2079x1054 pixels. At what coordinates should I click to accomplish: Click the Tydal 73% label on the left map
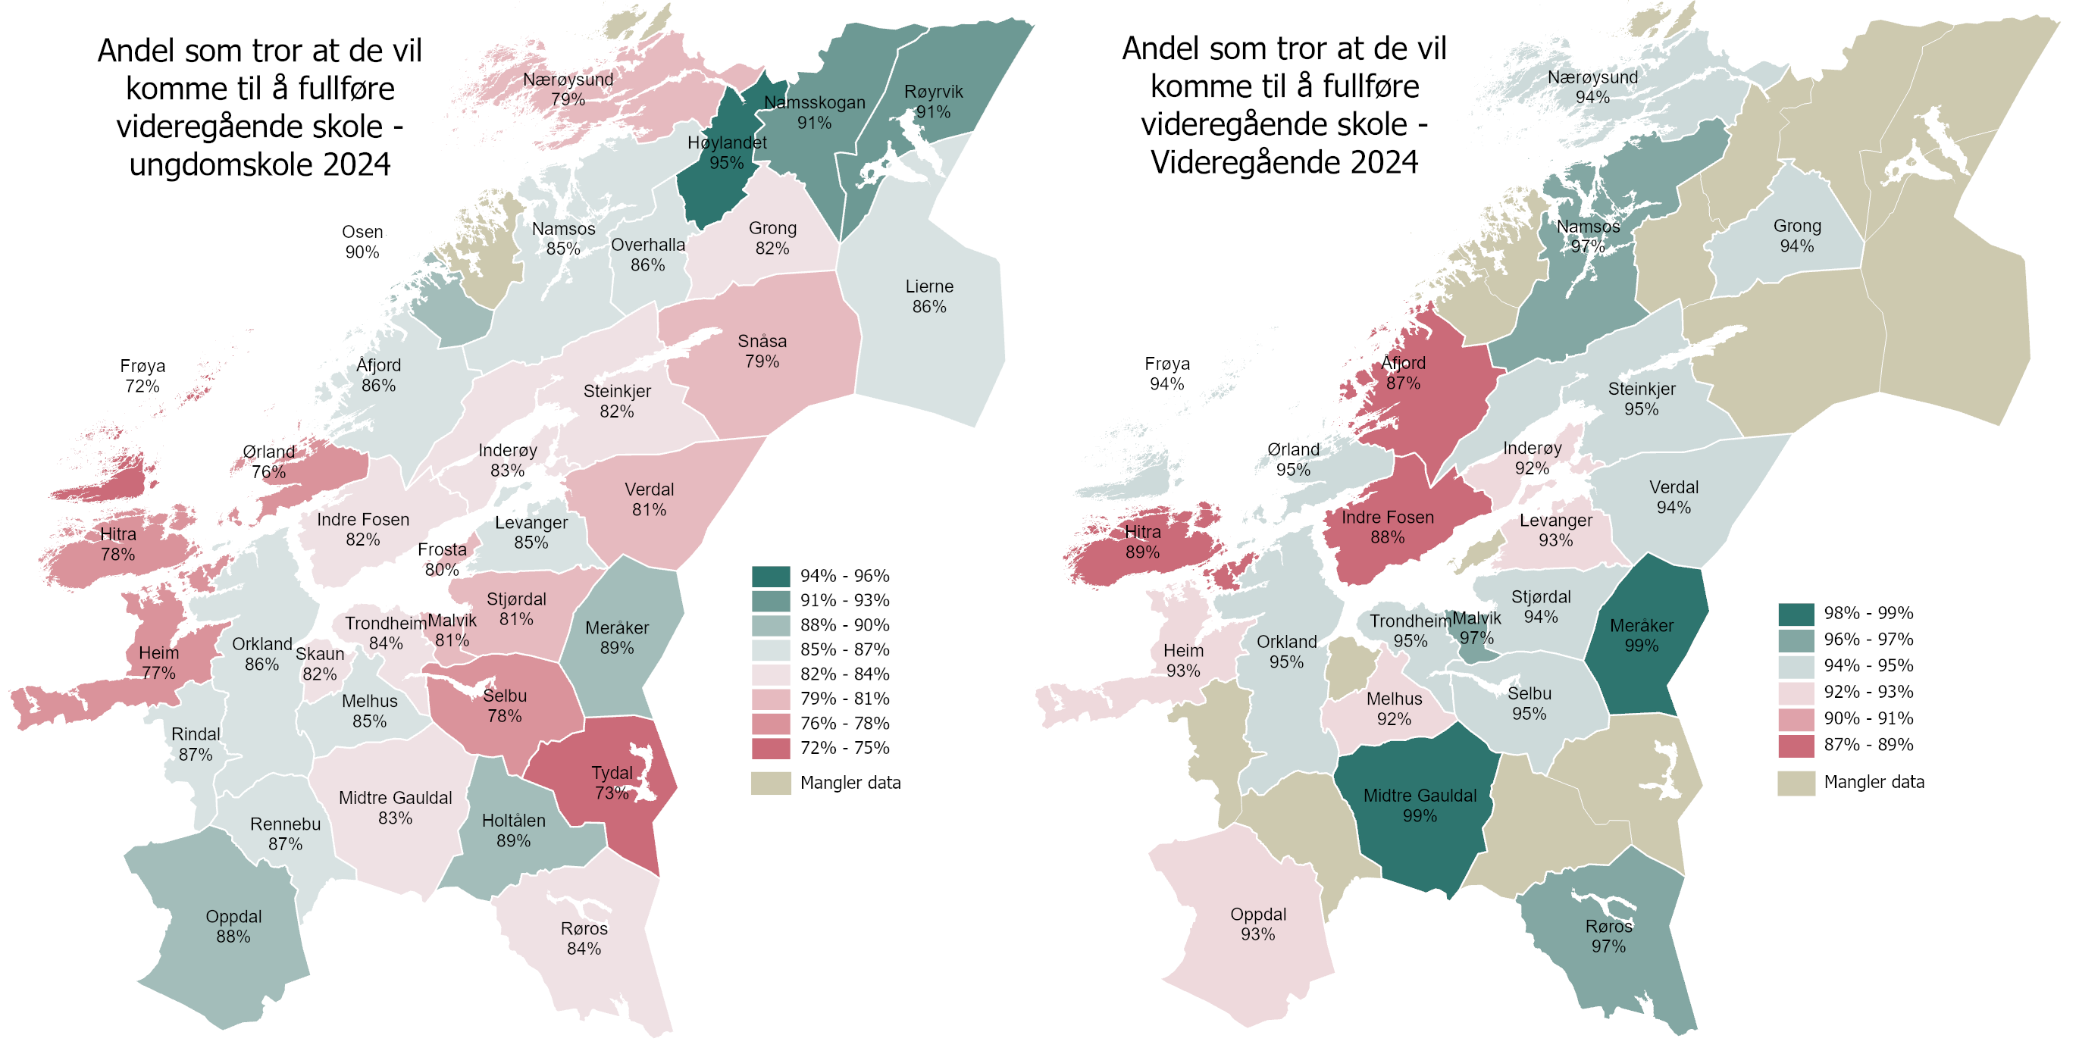pyautogui.click(x=612, y=783)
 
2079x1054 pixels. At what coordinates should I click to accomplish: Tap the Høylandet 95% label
pyautogui.click(x=726, y=152)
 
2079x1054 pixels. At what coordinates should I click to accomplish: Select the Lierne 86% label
pyautogui.click(x=929, y=296)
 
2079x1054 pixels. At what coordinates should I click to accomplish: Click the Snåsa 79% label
pyautogui.click(x=762, y=351)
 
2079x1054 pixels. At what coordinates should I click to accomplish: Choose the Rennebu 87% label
pyautogui.click(x=285, y=834)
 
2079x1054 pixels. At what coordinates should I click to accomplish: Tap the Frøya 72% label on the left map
pyautogui.click(x=142, y=376)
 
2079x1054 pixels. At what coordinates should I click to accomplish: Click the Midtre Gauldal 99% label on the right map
pyautogui.click(x=1420, y=805)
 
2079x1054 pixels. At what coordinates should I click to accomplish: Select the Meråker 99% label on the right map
pyautogui.click(x=1642, y=635)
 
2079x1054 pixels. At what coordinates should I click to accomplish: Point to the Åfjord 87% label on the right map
pyautogui.click(x=1404, y=373)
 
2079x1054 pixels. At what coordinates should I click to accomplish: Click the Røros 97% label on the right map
pyautogui.click(x=1608, y=936)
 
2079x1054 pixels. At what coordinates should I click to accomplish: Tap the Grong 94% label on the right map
pyautogui.click(x=1796, y=236)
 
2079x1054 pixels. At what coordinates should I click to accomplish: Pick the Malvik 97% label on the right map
pyautogui.click(x=1477, y=628)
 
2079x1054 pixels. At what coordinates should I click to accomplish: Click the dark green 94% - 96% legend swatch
pyautogui.click(x=771, y=576)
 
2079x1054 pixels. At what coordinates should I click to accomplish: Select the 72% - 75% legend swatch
pyautogui.click(x=771, y=748)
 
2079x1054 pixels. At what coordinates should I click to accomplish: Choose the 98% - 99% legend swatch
pyautogui.click(x=1796, y=613)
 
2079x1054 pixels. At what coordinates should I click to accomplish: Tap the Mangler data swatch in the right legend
pyautogui.click(x=1796, y=783)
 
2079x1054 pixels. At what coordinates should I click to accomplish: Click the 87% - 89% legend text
pyautogui.click(x=1868, y=745)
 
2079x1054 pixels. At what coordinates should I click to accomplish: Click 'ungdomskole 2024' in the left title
pyautogui.click(x=260, y=164)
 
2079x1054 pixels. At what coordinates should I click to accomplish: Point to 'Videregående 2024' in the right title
pyautogui.click(x=1284, y=162)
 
